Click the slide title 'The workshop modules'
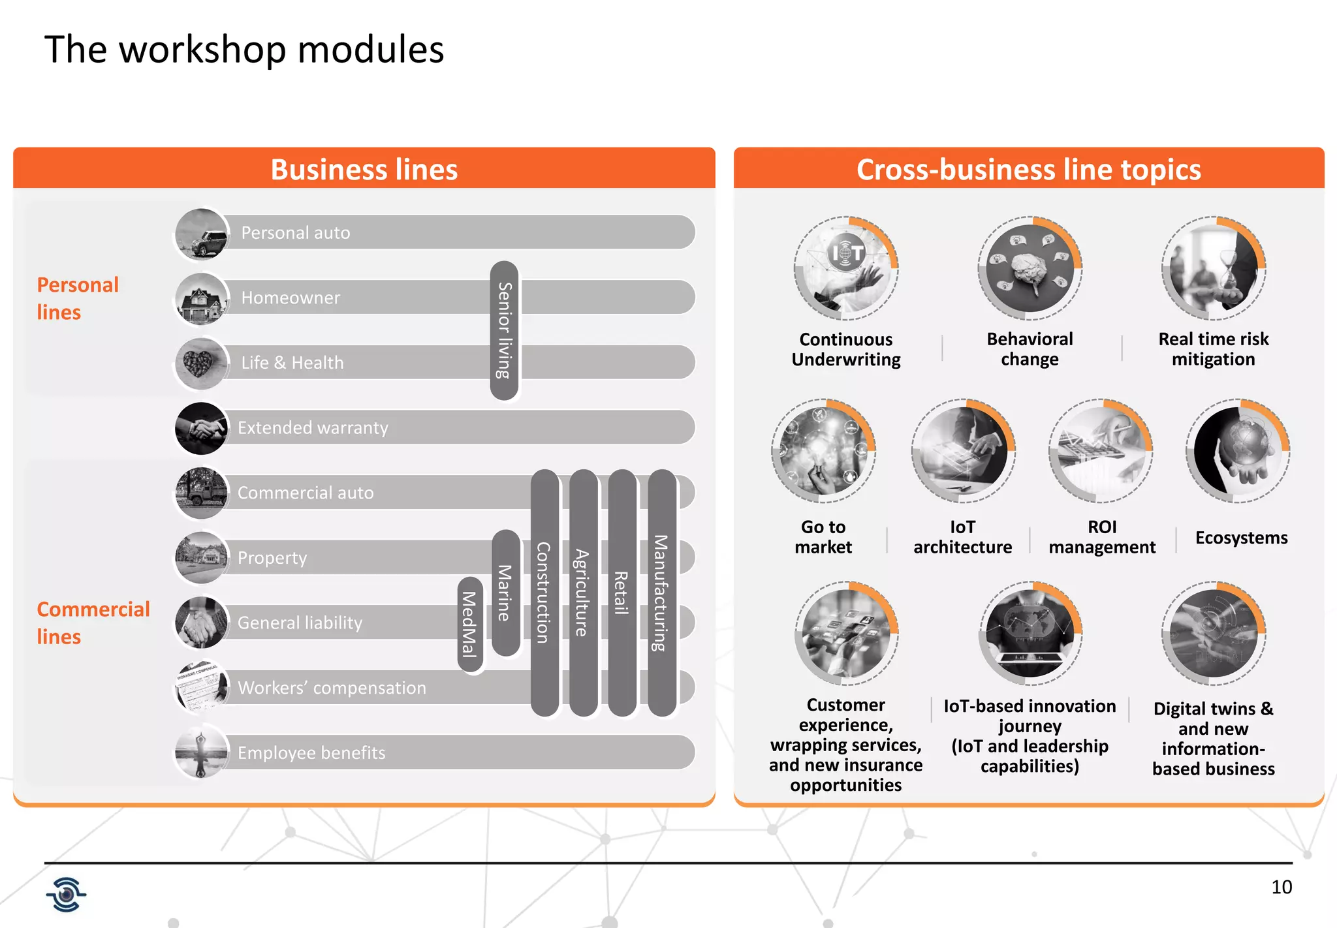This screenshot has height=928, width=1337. coord(244,50)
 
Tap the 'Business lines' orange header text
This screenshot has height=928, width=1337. coord(364,170)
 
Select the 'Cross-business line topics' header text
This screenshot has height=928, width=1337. coord(1028,170)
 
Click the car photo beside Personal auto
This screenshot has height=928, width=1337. coord(202,234)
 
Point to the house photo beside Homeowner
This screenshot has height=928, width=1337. coord(202,299)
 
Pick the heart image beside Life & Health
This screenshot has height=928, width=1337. coord(201,363)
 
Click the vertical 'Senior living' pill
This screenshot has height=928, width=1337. coord(504,330)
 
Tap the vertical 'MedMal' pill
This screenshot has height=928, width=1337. coord(469,623)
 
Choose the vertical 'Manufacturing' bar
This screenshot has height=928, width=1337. coord(661,592)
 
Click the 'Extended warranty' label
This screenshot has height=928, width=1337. coord(313,428)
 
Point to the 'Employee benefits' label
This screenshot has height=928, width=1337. coord(311,753)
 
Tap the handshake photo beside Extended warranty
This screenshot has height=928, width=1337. coord(201,428)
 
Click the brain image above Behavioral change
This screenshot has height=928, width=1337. coord(1030,268)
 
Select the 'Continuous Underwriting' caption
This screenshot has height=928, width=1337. coord(846,350)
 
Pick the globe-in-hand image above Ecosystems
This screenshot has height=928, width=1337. coord(1237,451)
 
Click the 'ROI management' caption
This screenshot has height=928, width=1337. coord(1102,537)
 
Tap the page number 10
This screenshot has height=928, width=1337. coord(1282,887)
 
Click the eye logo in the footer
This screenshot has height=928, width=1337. coord(66,894)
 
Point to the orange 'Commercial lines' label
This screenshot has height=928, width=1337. coord(93,623)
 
